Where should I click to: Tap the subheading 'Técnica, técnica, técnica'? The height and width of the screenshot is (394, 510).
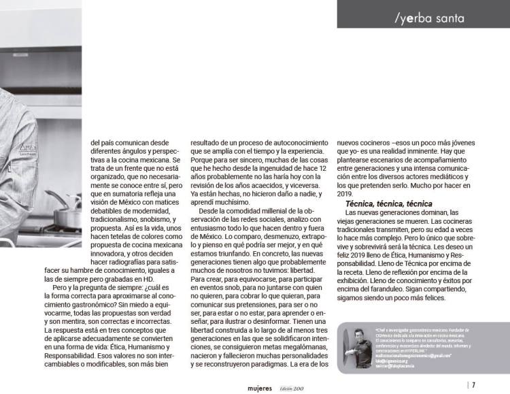pyautogui.click(x=389, y=204)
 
